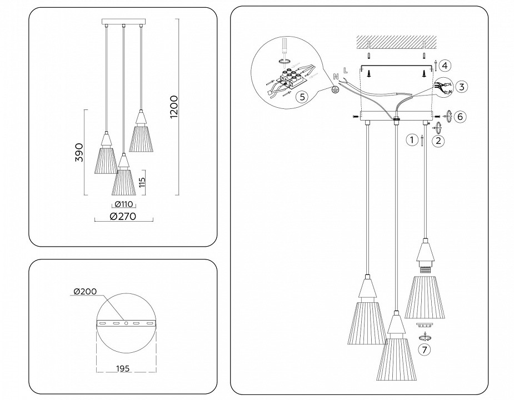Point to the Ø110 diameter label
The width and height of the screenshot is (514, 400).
point(121,205)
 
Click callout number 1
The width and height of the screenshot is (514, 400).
point(411,140)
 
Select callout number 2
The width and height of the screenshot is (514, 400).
point(439,141)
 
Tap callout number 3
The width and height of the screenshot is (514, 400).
point(462,86)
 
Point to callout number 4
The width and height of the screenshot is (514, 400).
point(446,66)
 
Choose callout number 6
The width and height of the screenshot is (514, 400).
point(459,117)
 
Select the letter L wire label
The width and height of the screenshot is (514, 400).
point(346,70)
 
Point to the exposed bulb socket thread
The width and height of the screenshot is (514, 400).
point(427,268)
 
